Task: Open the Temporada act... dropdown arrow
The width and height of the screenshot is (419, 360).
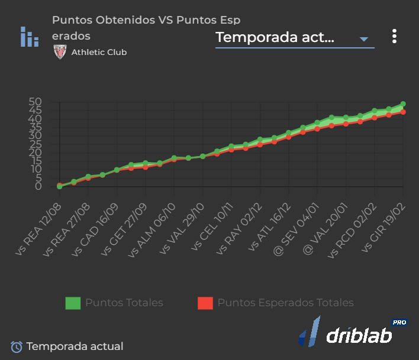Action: tap(364, 40)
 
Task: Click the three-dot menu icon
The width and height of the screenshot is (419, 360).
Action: tap(394, 37)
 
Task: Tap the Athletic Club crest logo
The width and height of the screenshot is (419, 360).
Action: tap(60, 52)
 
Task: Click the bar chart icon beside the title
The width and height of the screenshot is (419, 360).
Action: tap(29, 37)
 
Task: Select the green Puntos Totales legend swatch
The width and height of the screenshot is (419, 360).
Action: tap(73, 303)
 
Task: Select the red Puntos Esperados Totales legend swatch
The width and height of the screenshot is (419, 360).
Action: tap(205, 303)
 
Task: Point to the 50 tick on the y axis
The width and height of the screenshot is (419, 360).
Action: tap(36, 102)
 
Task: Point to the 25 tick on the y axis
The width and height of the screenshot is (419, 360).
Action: tap(36, 144)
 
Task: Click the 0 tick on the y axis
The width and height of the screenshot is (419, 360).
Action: tap(38, 186)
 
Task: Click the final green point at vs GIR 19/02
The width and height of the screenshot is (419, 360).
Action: tap(403, 104)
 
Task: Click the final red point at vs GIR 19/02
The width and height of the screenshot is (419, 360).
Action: tap(403, 112)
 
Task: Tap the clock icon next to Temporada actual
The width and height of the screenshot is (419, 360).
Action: tap(17, 347)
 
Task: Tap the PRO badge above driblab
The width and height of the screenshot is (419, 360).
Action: tap(399, 322)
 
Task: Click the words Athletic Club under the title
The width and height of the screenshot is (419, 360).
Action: tap(99, 52)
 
